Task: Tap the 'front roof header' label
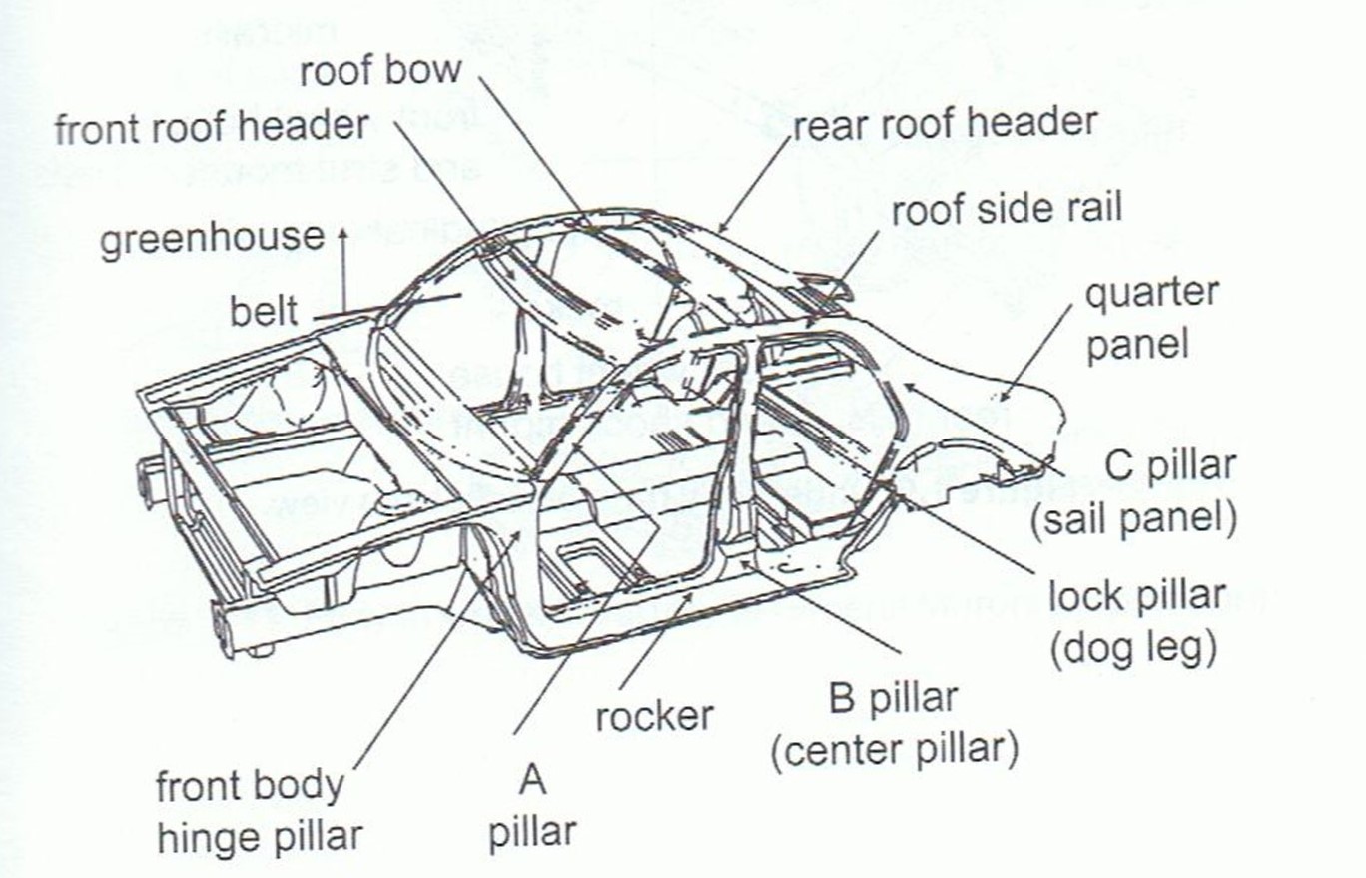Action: (212, 128)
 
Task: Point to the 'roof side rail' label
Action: (1007, 210)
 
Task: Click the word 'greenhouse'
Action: (212, 240)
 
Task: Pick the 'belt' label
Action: (265, 311)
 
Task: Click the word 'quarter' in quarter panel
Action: (1152, 294)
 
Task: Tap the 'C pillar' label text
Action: (1170, 465)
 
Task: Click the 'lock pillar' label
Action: (1136, 596)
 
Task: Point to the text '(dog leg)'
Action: (1133, 649)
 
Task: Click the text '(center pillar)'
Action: (895, 749)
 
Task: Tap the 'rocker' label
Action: (654, 715)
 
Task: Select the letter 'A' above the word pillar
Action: (532, 779)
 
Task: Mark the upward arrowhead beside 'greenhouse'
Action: (342, 232)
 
